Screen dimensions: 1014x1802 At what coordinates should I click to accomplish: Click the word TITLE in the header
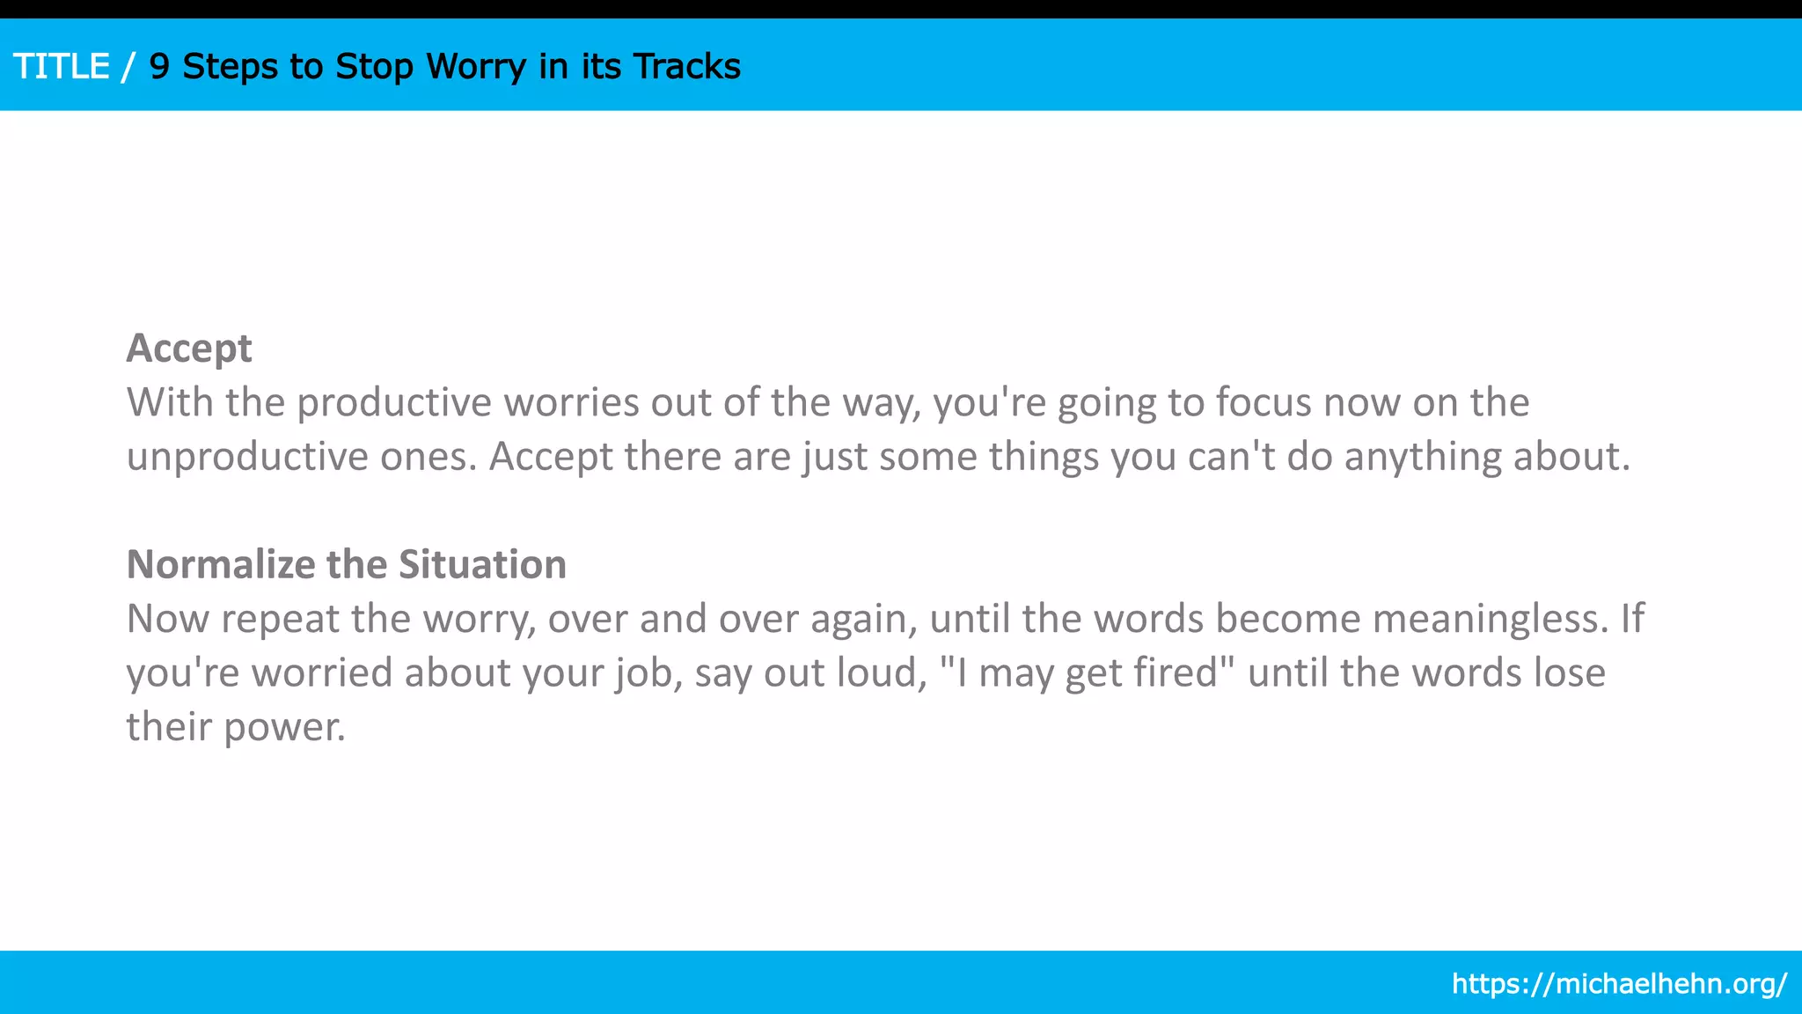point(62,67)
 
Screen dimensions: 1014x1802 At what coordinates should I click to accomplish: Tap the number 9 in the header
point(159,67)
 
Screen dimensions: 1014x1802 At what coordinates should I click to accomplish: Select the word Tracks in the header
point(687,67)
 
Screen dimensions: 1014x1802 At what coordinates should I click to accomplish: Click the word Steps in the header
point(230,67)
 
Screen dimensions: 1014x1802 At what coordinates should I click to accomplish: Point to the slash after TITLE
point(129,67)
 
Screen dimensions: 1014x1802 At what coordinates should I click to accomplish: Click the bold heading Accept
point(189,349)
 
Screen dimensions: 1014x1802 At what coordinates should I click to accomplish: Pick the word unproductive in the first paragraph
point(247,457)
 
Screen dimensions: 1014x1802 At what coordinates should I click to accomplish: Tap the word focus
point(1264,403)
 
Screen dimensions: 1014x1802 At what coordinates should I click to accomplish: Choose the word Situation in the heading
point(482,564)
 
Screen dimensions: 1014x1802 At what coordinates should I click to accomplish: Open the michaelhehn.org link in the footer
point(1619,983)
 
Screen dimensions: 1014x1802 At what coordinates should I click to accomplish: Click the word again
point(863,620)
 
